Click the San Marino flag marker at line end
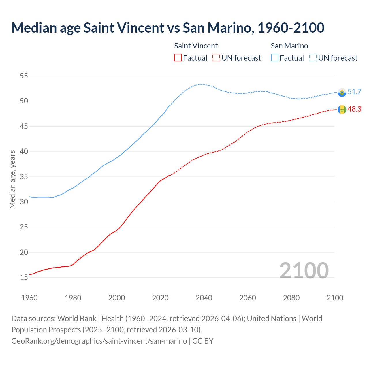[342, 92]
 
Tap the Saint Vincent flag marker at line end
[342, 110]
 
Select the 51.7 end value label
[354, 92]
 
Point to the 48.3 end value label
[354, 109]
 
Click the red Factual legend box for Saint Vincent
[178, 58]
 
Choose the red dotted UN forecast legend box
[216, 58]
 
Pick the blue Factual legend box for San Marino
[275, 58]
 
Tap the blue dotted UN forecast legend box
[313, 58]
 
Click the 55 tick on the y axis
[24, 76]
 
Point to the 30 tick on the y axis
[24, 202]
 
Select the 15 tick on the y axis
[24, 277]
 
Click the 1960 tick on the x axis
[29, 298]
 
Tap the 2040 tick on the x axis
[204, 298]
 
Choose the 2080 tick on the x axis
[291, 298]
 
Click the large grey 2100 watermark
[304, 270]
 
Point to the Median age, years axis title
[12, 179]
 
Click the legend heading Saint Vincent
[196, 46]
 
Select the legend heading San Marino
[289, 46]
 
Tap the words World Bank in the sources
[77, 318]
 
